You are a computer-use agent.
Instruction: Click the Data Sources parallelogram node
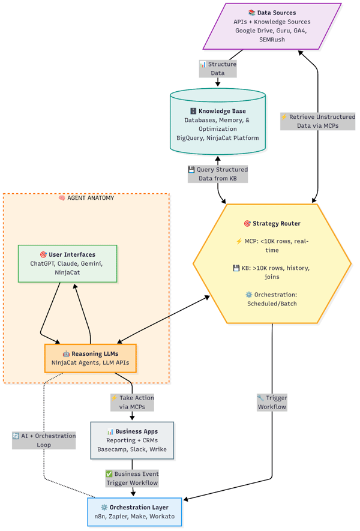272,26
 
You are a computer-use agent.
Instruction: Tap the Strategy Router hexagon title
272,224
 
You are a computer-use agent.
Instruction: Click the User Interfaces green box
67,263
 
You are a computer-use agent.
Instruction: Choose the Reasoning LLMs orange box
91,358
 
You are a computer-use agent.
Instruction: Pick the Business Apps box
132,440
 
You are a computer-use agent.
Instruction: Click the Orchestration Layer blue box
134,512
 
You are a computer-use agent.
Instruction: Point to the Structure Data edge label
217,68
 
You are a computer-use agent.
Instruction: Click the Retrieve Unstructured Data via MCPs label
317,121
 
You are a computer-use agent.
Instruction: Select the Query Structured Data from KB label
217,174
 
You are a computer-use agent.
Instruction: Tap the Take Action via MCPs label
132,402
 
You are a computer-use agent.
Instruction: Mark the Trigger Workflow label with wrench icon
272,402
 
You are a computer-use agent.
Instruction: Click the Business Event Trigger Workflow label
132,478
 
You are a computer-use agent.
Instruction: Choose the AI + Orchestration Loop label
44,440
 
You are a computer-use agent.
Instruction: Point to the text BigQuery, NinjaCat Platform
217,137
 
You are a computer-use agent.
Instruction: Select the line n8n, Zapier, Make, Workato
134,517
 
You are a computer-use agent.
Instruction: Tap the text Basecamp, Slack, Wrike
132,449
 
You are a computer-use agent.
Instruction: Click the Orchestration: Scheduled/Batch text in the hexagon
272,299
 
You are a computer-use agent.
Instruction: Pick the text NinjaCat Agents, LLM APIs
91,363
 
